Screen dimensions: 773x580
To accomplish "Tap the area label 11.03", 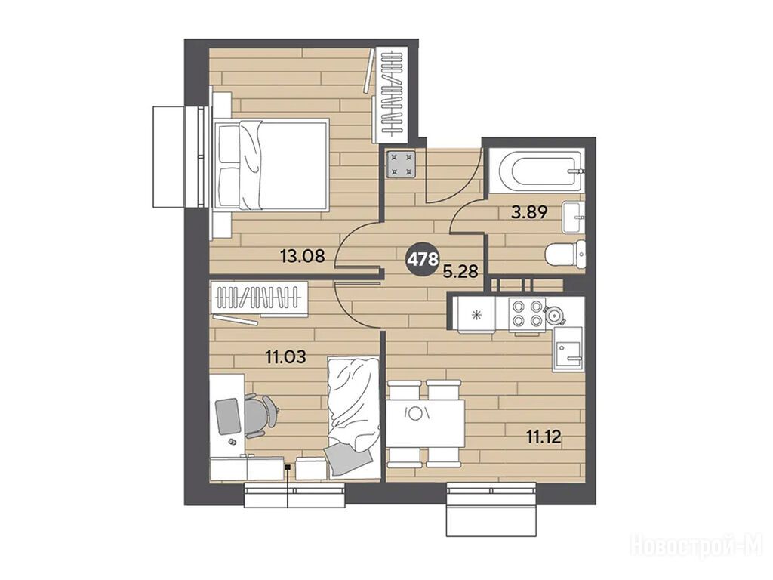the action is click(286, 356).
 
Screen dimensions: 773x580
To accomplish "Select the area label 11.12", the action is click(544, 437).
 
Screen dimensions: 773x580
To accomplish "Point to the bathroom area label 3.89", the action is click(529, 212).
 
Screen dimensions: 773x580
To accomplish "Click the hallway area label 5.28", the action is click(460, 271).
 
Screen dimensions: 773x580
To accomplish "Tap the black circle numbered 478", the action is click(422, 258).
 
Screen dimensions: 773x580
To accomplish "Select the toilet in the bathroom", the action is click(566, 254).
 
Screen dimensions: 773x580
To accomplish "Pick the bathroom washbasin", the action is click(574, 217).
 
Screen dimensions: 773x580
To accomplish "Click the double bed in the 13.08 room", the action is click(271, 165).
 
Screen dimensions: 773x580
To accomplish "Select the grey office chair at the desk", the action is click(260, 415).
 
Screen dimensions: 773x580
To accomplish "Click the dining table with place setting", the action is click(425, 424).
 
